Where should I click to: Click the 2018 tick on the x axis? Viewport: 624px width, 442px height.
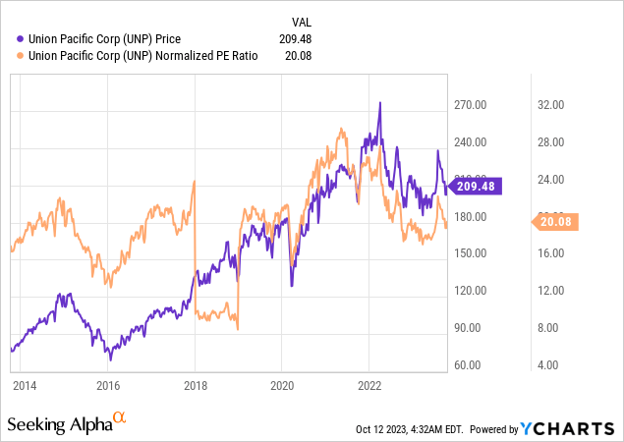195,384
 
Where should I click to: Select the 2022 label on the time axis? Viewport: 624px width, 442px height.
369,384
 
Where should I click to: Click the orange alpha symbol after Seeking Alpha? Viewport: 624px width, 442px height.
120,418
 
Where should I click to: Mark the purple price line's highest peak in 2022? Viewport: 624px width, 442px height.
380,103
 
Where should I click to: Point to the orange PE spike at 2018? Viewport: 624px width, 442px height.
194,182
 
